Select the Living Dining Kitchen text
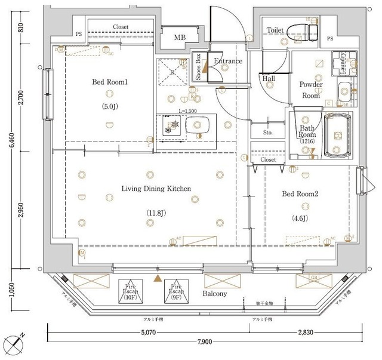pos(156,189)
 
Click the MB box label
pos(180,39)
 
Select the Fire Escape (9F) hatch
pos(176,290)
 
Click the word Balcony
pos(214,294)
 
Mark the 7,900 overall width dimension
pos(204,341)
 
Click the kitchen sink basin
pos(198,125)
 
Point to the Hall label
pos(268,78)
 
